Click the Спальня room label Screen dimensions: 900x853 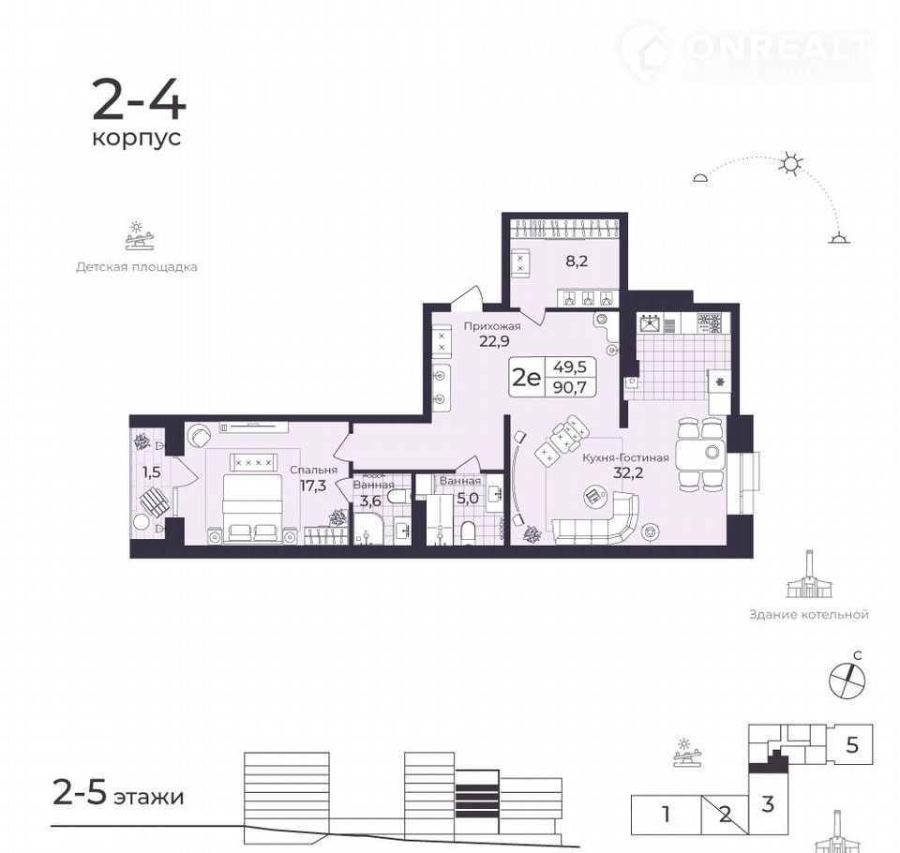point(313,471)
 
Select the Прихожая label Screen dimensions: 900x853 point(492,326)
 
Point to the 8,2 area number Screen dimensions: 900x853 point(577,262)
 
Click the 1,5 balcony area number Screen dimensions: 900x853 point(152,472)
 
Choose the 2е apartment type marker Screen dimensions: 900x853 point(526,377)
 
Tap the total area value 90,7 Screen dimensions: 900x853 point(569,387)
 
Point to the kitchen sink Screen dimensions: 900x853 point(651,324)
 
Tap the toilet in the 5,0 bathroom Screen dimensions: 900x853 point(469,532)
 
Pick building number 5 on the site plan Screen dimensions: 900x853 point(852,745)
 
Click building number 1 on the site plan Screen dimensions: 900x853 point(666,814)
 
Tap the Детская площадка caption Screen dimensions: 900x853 point(137,267)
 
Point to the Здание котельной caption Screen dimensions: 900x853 point(809,615)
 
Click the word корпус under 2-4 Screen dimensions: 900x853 point(137,139)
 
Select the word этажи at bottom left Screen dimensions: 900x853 point(149,797)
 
